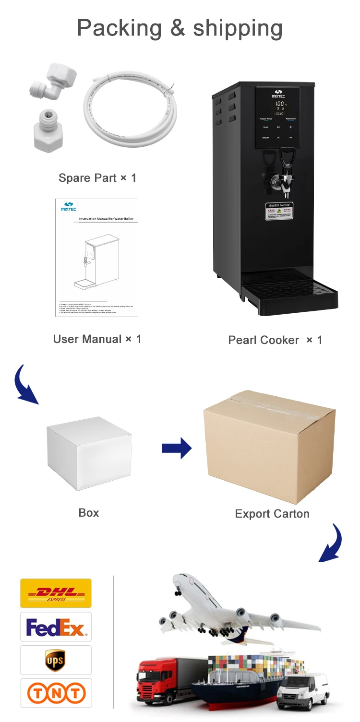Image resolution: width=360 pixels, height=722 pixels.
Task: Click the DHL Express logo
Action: pos(56,593)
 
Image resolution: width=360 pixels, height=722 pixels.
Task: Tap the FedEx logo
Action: pos(56,627)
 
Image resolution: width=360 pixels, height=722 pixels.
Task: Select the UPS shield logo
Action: pos(55,660)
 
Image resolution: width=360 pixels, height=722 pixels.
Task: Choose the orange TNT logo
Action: pos(56,693)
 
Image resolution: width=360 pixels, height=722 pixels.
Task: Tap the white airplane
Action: pos(230,609)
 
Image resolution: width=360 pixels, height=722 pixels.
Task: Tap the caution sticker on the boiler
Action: pos(279,211)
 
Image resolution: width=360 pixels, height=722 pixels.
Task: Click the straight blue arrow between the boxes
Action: pos(176,448)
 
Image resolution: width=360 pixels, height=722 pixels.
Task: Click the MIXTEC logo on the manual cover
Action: pos(69,207)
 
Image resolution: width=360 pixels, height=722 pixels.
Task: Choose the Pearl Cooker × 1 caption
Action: pos(275,340)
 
